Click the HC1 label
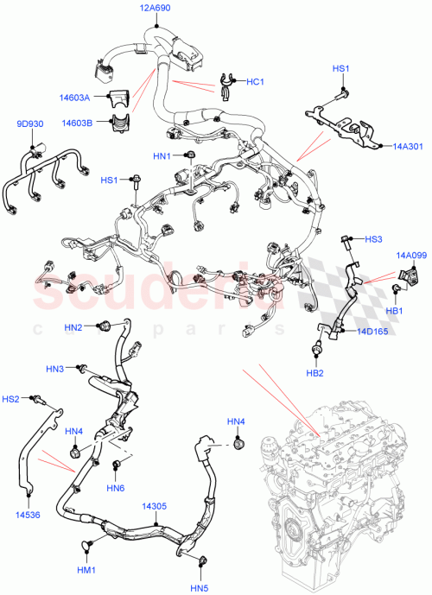tap(255, 82)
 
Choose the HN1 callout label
tap(162, 155)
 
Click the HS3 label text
tap(373, 238)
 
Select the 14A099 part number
tap(411, 255)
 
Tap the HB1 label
tap(395, 310)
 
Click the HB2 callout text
tap(315, 373)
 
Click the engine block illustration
tap(341, 484)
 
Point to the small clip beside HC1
tap(229, 82)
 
